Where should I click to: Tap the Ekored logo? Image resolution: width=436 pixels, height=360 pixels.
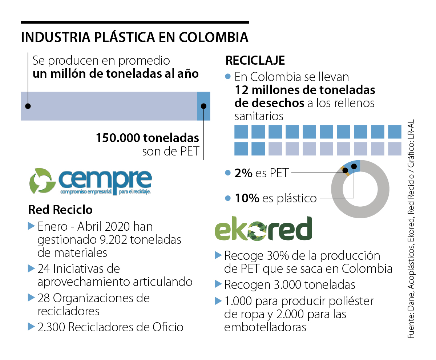pyautogui.click(x=263, y=229)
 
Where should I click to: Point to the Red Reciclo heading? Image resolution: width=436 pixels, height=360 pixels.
pyautogui.click(x=60, y=210)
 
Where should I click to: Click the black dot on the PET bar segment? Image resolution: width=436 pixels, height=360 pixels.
pyautogui.click(x=203, y=106)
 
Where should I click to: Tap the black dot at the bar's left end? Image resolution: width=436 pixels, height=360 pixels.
pyautogui.click(x=28, y=106)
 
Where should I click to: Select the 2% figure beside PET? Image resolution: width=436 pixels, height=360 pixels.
pyautogui.click(x=243, y=173)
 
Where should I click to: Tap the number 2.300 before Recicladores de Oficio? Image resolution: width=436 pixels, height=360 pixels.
pyautogui.click(x=51, y=327)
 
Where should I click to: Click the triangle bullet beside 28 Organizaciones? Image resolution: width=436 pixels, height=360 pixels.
pyautogui.click(x=31, y=298)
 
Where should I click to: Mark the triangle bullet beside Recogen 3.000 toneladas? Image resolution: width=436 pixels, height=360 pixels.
pyautogui.click(x=218, y=284)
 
